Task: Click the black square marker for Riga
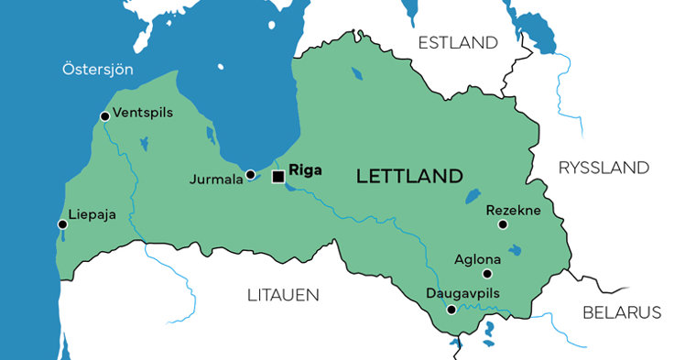[x=277, y=177]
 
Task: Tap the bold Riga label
[x=305, y=169]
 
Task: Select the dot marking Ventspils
[x=103, y=116]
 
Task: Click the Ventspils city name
[x=141, y=114]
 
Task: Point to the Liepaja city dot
[x=62, y=224]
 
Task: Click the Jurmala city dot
[x=250, y=174]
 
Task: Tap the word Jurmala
[x=215, y=179]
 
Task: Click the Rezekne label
[x=513, y=210]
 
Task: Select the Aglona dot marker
[x=487, y=273]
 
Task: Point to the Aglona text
[x=477, y=258]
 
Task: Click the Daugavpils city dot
[x=450, y=310]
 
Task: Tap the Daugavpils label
[x=464, y=294]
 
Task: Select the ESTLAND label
[x=457, y=43]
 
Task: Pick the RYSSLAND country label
[x=603, y=168]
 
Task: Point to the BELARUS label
[x=622, y=312]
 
